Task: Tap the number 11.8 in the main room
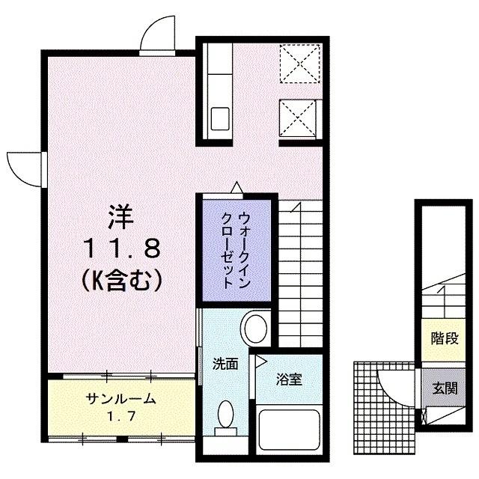(x=122, y=247)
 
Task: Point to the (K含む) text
(x=122, y=280)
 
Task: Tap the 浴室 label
(x=290, y=379)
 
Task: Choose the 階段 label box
(x=445, y=338)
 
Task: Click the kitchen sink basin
(x=220, y=118)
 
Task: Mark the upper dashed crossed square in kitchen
(x=300, y=63)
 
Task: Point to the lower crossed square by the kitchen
(x=299, y=118)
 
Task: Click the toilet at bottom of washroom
(x=225, y=417)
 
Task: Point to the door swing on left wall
(x=25, y=167)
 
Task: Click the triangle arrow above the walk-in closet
(x=237, y=187)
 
